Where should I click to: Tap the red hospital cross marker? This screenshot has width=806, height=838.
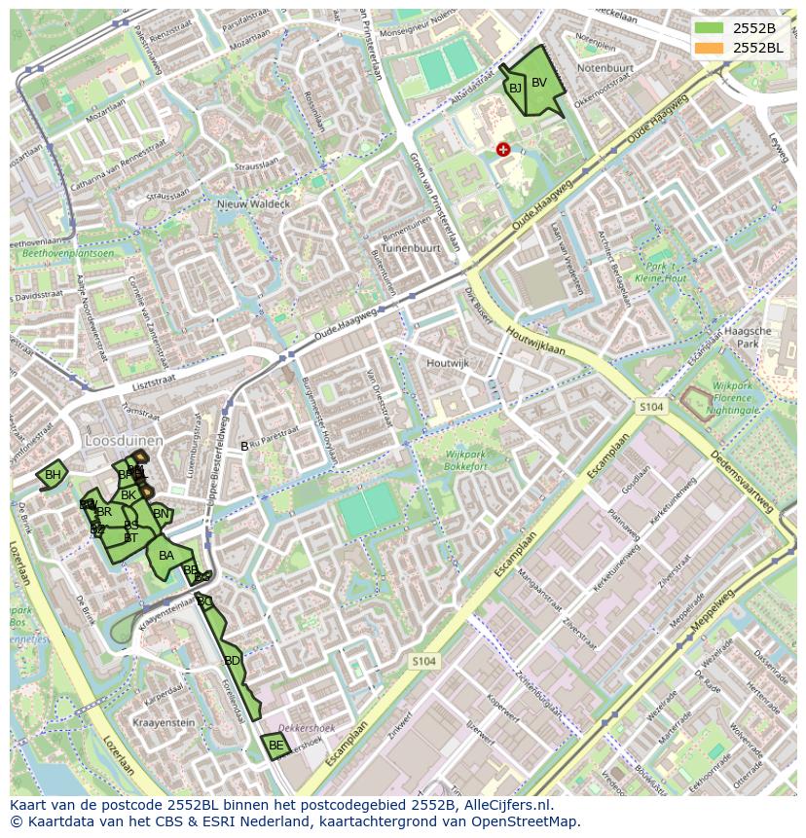click(x=503, y=149)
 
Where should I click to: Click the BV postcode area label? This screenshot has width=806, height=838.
click(x=539, y=83)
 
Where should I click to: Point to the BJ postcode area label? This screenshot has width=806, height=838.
click(x=515, y=89)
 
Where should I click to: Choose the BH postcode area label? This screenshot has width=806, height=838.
click(x=53, y=475)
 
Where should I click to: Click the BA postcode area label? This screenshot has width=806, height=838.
click(x=166, y=556)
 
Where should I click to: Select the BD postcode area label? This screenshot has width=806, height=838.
click(x=232, y=661)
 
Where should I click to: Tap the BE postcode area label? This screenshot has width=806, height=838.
click(x=275, y=746)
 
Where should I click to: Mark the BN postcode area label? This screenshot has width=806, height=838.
click(x=161, y=514)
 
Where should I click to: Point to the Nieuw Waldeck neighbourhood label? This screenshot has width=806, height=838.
click(x=253, y=204)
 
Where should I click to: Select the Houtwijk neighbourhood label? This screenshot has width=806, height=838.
click(x=447, y=363)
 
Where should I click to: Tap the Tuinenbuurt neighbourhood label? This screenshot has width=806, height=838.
click(x=411, y=248)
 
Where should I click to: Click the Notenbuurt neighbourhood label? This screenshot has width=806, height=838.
click(x=605, y=69)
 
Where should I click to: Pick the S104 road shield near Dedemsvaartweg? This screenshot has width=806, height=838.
click(x=652, y=405)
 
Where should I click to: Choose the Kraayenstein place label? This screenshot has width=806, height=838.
click(x=165, y=723)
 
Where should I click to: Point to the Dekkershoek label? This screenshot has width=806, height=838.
click(x=307, y=728)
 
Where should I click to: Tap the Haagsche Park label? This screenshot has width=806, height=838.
click(x=749, y=337)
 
